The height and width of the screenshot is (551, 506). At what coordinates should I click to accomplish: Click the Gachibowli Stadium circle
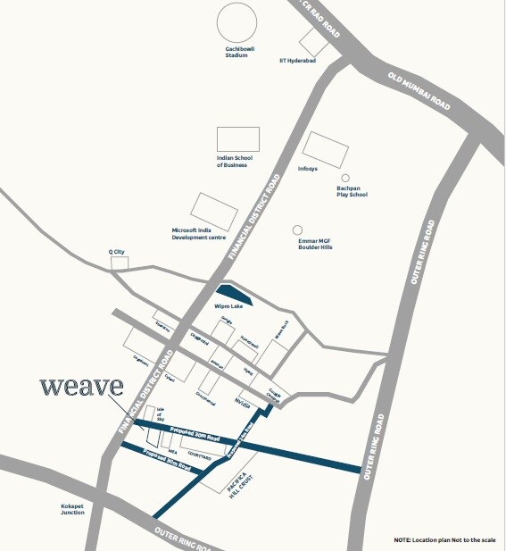[x=236, y=22]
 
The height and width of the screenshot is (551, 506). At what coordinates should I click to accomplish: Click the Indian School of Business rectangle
[x=237, y=138]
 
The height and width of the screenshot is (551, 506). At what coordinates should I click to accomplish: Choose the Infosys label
[x=307, y=168]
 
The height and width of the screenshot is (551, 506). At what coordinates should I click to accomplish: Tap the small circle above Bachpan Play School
[x=345, y=178]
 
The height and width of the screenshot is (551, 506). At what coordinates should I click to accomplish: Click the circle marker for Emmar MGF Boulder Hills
[x=298, y=230]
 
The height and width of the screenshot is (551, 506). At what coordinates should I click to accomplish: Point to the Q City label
[x=115, y=253]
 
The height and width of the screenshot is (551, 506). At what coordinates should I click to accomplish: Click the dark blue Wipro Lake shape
[x=235, y=294]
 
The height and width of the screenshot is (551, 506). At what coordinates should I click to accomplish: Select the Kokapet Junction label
[x=73, y=510]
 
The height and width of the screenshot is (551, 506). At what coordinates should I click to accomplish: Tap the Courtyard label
[x=201, y=455]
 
